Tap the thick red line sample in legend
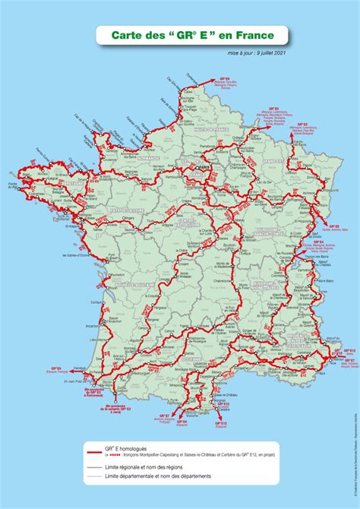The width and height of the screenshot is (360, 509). tap(93, 451)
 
